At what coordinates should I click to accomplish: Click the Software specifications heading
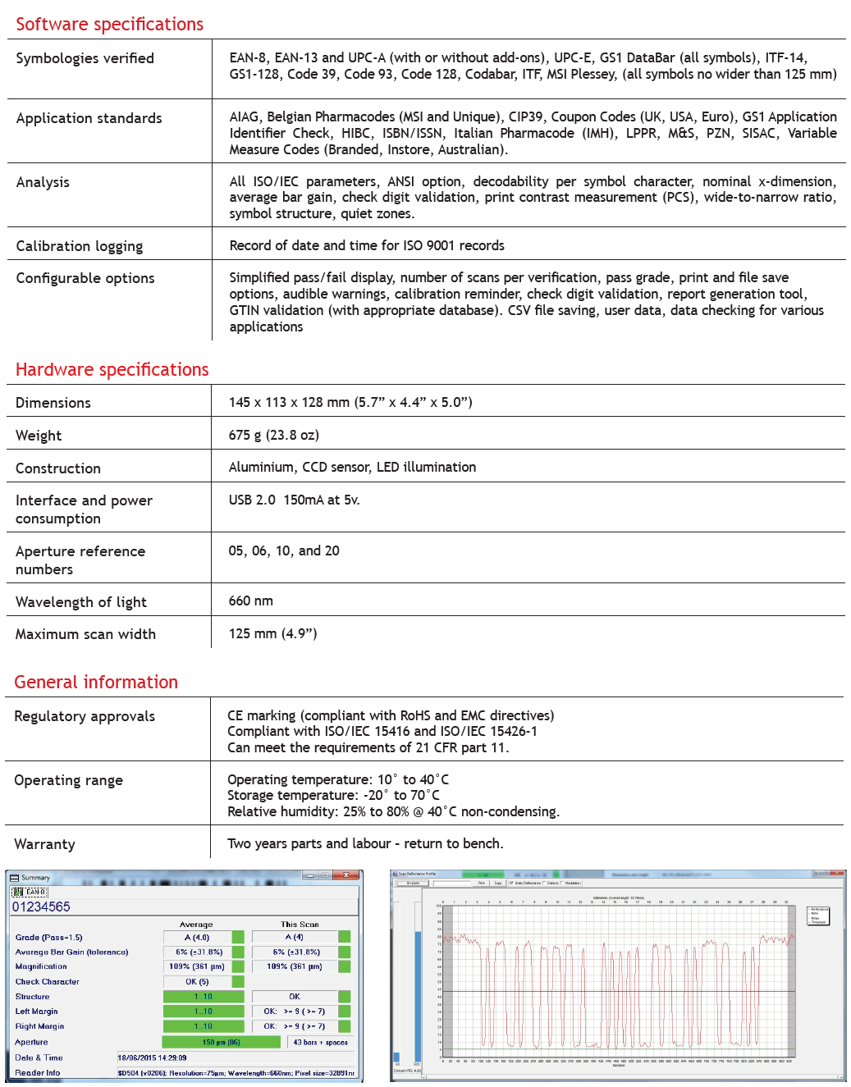pos(110,25)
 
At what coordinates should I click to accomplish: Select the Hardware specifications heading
pos(112,370)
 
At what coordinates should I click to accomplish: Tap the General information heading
pos(96,683)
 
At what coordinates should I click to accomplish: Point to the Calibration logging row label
pos(80,246)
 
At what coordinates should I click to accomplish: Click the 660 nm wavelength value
pos(250,601)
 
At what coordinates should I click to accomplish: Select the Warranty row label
pos(44,844)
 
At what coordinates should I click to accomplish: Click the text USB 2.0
pos(252,500)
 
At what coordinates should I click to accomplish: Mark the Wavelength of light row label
pos(81,602)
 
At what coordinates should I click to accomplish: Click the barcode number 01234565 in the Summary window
pos(41,907)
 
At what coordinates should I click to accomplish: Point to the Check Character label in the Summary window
pos(48,982)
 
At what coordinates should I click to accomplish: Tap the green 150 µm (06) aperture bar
pos(221,1043)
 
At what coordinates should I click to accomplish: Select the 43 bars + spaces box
pos(320,1043)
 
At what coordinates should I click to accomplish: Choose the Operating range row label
pos(69,780)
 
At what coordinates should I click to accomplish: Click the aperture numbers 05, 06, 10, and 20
pos(284,551)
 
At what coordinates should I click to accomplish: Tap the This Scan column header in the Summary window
pos(300,925)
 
